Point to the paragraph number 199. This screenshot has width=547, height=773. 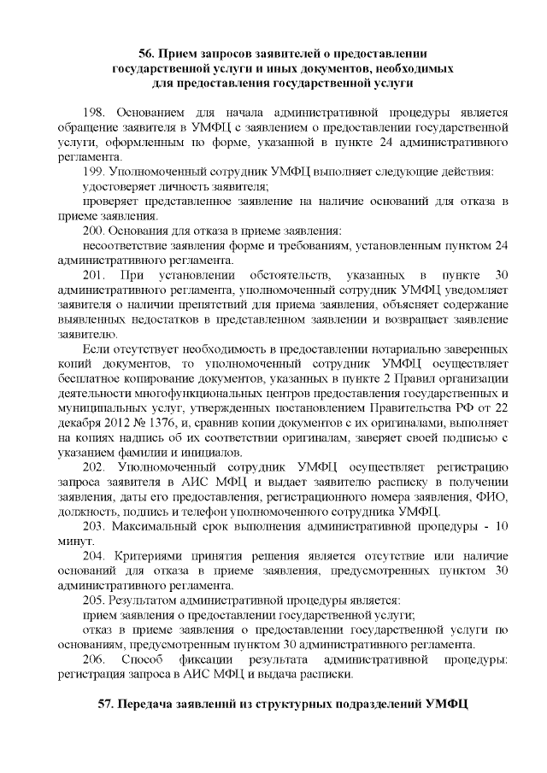pos(93,172)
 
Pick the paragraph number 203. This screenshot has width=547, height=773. pos(93,526)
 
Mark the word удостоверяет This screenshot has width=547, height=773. pos(120,186)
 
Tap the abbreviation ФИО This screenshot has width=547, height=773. pos(497,497)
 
